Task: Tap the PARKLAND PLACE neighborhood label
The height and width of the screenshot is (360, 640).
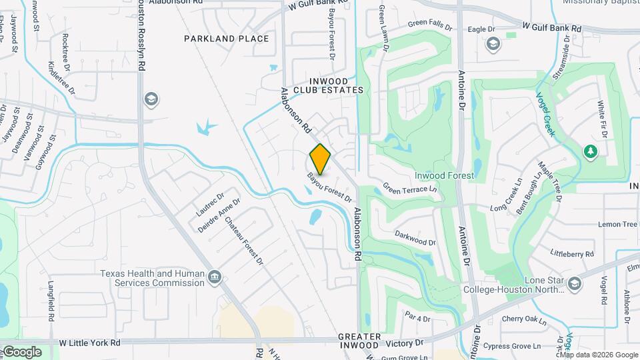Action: (227, 39)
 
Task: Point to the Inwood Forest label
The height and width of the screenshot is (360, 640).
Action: (444, 175)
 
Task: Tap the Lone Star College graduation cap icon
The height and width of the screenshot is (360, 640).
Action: (575, 285)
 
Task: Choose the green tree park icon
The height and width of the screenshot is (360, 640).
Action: (590, 152)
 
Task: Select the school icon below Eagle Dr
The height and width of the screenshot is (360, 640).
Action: (493, 45)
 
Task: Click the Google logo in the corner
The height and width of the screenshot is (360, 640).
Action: (21, 352)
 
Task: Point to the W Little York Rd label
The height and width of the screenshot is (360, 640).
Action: (89, 343)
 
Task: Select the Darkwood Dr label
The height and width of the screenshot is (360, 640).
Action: (415, 238)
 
